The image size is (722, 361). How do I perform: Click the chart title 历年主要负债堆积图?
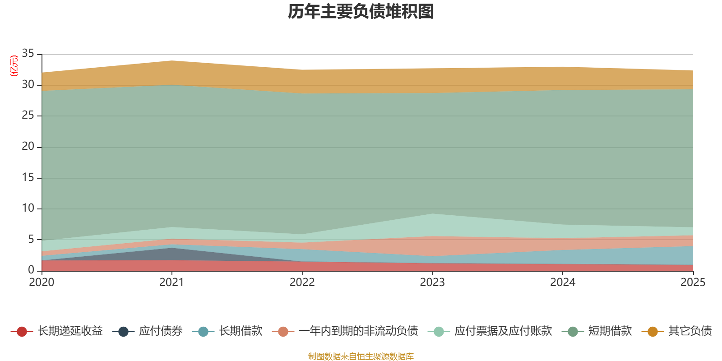click(361, 12)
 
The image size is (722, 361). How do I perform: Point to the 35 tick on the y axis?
click(28, 53)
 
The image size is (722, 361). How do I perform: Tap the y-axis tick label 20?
click(28, 146)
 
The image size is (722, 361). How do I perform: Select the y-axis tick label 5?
click(31, 239)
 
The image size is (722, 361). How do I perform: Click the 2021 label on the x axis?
click(172, 282)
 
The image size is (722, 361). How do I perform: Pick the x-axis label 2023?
click(432, 282)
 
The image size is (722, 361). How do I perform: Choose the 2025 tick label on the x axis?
click(693, 282)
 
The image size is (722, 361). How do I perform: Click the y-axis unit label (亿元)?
click(14, 66)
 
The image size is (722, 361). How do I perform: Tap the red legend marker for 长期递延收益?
click(22, 331)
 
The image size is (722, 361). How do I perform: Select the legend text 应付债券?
click(161, 331)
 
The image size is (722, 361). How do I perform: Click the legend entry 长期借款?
click(241, 331)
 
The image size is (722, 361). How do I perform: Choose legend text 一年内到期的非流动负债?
click(358, 331)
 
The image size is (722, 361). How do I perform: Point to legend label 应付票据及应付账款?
click(503, 331)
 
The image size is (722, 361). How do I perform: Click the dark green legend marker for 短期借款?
click(573, 331)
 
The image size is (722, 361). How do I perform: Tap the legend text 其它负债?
click(690, 331)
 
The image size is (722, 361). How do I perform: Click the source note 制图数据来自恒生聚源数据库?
click(361, 356)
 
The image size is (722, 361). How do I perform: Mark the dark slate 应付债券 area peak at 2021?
click(172, 248)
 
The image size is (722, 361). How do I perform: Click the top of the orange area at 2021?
click(172, 60)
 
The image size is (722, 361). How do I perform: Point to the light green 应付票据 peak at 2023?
click(432, 214)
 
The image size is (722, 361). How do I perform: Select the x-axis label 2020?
click(42, 282)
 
